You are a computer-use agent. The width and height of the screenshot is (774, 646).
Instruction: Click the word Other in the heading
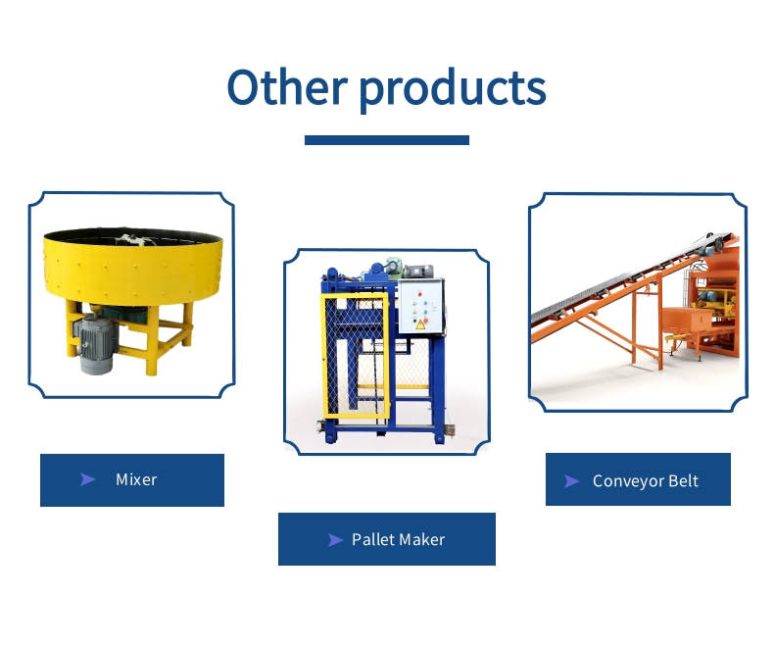point(287,87)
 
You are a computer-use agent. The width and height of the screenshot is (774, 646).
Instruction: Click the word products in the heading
point(453,90)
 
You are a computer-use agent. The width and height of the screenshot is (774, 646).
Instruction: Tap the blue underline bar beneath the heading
point(386,140)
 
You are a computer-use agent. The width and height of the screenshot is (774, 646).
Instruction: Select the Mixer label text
point(136,479)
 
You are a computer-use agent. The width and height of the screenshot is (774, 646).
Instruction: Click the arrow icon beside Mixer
point(87,479)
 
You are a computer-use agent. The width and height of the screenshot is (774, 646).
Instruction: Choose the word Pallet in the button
point(369,539)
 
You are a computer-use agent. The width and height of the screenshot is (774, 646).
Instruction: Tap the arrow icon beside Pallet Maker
point(335,540)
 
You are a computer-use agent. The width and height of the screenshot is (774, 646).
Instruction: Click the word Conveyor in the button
point(627,481)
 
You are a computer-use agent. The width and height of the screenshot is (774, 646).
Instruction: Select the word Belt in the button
point(683,480)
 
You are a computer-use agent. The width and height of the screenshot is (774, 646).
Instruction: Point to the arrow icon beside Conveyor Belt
point(571,481)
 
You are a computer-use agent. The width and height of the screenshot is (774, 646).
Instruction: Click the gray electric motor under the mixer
point(95,343)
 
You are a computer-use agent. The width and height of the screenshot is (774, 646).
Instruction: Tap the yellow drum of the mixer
point(133,266)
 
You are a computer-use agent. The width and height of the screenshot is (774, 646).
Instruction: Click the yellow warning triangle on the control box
point(420,324)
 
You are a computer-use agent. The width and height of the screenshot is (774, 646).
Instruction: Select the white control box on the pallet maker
point(420,307)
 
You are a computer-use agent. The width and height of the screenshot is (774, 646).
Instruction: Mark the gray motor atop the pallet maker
point(418,272)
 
